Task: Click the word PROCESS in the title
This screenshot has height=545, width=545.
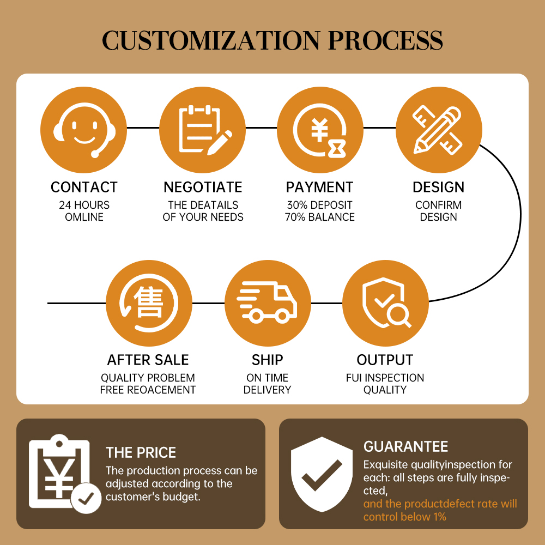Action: point(385,40)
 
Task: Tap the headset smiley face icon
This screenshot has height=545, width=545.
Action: point(84,130)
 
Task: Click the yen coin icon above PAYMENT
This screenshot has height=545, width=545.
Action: point(320,130)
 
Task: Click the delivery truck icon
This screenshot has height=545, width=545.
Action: point(267,302)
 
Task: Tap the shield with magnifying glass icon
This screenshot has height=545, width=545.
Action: point(385,302)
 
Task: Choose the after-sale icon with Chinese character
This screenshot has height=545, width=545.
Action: point(149,302)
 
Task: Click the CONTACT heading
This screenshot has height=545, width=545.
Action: point(84,187)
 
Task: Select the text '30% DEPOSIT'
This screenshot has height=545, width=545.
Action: point(320,205)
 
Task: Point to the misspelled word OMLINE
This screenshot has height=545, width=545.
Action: point(84,217)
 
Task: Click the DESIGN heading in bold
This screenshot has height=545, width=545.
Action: point(438,187)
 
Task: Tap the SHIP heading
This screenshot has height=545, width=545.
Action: point(267,360)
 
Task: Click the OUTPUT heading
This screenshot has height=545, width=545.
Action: point(385,360)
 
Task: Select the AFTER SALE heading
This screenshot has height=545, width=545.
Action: point(148,360)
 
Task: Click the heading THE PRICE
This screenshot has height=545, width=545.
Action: point(141,452)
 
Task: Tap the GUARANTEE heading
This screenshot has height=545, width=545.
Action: point(405,447)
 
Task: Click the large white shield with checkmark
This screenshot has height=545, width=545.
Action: point(322,474)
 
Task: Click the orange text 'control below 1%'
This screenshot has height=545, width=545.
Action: point(404,517)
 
